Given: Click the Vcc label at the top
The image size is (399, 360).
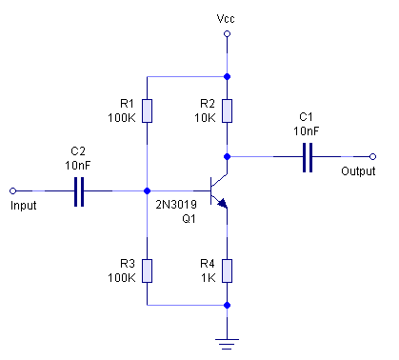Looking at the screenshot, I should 227,18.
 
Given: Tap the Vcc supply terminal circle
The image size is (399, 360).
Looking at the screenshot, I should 227,34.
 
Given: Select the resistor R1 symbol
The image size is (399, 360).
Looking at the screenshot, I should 148,110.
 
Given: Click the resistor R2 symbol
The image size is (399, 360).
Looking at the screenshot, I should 227,110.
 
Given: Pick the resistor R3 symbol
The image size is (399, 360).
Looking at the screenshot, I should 148,270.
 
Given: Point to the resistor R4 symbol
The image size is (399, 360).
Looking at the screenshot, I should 227,270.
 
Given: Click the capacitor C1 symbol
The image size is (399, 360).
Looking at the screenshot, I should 308,156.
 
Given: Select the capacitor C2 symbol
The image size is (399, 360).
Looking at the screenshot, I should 79,190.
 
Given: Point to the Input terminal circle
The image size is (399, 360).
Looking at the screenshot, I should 12,190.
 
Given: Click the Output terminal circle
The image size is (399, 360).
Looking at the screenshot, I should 373,156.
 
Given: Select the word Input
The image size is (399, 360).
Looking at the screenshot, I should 23,205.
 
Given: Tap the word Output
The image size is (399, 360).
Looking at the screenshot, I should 357,171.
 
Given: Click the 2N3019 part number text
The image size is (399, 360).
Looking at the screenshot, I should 174,204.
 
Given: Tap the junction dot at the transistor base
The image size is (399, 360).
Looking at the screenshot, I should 148,190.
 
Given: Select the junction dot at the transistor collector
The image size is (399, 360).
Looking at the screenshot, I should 227,156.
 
